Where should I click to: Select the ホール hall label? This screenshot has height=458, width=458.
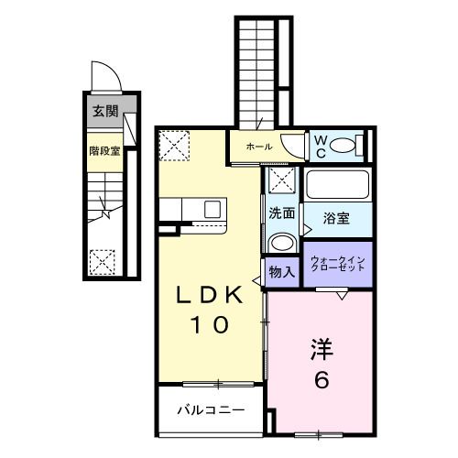click(x=257, y=147)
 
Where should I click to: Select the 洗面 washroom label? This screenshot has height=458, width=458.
click(x=281, y=213)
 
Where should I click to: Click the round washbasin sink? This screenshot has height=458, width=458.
click(x=282, y=243)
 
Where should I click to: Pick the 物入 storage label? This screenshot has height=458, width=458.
click(x=281, y=272)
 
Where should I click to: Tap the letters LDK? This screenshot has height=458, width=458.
click(x=210, y=297)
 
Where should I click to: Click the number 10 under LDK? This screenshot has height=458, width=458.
click(x=210, y=324)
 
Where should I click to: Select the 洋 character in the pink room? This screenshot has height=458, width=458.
click(x=322, y=350)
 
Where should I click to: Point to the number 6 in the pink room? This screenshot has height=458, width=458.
click(x=322, y=380)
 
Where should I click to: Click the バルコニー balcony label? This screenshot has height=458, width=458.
click(x=211, y=409)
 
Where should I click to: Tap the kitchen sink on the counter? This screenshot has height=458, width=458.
click(x=213, y=209)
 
